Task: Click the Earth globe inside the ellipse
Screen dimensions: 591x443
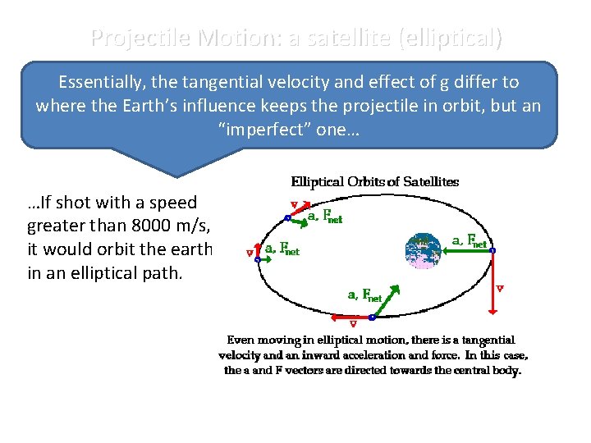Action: coord(422,251)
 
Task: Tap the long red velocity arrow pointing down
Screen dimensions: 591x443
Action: coord(492,283)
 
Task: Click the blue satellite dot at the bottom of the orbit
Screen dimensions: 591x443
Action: coord(372,317)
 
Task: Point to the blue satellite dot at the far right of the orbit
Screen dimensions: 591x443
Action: coord(492,251)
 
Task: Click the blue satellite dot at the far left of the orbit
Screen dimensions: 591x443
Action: coord(257,259)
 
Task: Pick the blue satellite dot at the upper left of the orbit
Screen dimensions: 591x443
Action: coord(287,218)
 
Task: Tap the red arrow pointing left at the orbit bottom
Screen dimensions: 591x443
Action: coord(351,316)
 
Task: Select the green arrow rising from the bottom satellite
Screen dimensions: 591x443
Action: coord(383,300)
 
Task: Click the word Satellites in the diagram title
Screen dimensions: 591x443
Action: coord(428,181)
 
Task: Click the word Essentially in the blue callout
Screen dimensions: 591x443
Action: coord(102,82)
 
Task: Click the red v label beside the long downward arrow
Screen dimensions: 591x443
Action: coord(500,288)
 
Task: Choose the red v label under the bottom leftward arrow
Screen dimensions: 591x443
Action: coord(353,324)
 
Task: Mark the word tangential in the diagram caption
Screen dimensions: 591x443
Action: coord(488,340)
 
